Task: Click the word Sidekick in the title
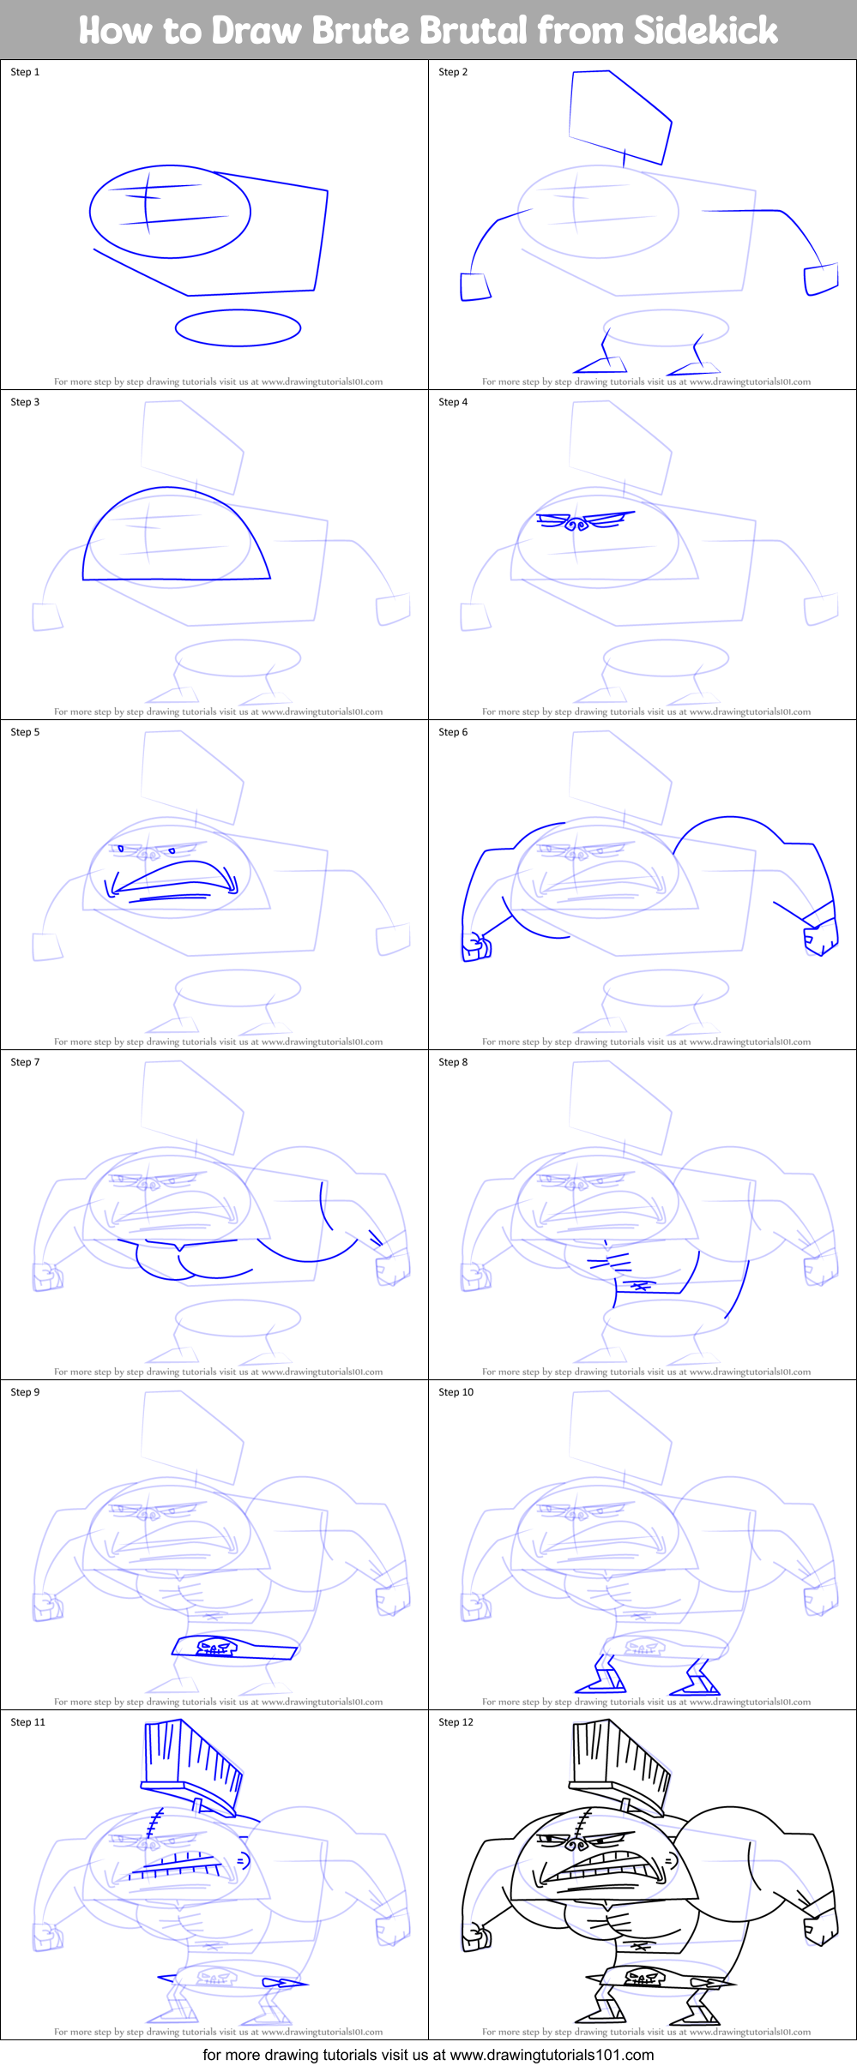point(705,31)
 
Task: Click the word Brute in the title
point(360,31)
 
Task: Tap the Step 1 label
point(25,72)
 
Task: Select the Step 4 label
point(453,402)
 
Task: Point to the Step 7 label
point(25,1062)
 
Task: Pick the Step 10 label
point(456,1392)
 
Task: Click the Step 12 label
point(456,1722)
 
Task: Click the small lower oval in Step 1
point(238,327)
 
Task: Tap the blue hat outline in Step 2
point(619,116)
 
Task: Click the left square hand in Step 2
point(475,286)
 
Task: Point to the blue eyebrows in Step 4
point(585,520)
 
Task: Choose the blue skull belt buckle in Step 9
point(214,1647)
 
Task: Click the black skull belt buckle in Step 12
point(642,1978)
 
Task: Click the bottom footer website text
point(428,2054)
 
